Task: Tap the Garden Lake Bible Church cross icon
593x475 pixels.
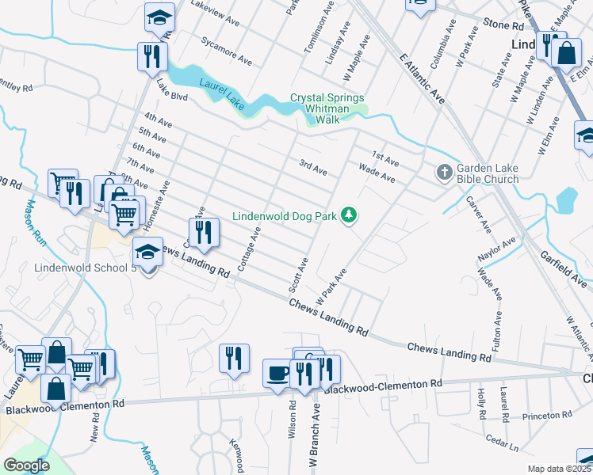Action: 445,171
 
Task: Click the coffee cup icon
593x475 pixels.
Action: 277,373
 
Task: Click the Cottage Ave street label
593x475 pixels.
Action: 248,248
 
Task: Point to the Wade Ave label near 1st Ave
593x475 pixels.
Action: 377,173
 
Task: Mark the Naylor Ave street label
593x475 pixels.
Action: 496,249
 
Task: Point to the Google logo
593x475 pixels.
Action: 26,465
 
